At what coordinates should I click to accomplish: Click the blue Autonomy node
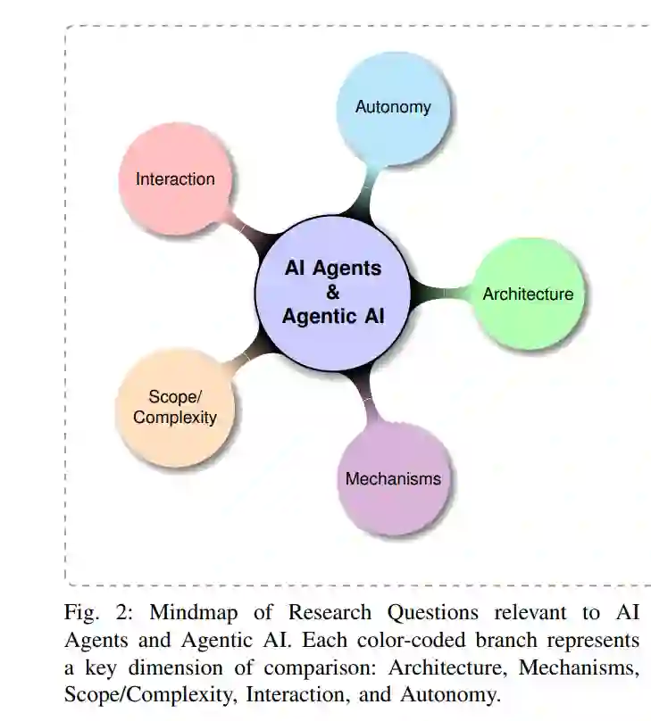[x=393, y=107]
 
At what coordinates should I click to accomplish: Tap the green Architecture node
[x=528, y=294]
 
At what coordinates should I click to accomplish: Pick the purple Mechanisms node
[x=393, y=478]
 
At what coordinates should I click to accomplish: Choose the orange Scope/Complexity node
[x=175, y=408]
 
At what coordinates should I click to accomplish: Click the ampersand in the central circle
[x=333, y=292]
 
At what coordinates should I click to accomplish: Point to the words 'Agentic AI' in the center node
[x=333, y=316]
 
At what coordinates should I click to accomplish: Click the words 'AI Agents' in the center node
[x=333, y=269]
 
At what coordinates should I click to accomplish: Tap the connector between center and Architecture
[x=438, y=292]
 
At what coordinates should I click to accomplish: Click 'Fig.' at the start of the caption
[x=81, y=613]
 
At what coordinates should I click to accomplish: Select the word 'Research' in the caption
[x=328, y=613]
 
